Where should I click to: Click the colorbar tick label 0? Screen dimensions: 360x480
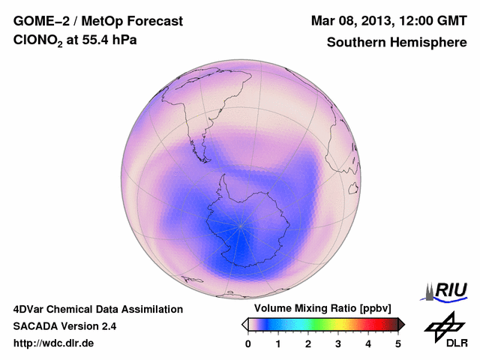pos(248,343)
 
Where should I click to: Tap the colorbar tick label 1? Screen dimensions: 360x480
pos(278,343)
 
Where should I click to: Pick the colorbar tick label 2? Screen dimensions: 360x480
pos(308,343)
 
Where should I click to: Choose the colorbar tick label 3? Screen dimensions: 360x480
pos(338,343)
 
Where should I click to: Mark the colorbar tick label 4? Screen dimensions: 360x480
pos(368,343)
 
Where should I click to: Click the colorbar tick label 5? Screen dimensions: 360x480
pos(398,343)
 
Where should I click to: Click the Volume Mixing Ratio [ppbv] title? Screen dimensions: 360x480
pos(319,308)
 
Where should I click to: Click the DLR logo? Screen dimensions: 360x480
pos(445,331)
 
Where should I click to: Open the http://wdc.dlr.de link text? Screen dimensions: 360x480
pos(54,343)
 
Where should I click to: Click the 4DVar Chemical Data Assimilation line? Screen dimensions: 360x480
pos(97,309)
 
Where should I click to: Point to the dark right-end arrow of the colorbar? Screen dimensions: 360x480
pos(401,324)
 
